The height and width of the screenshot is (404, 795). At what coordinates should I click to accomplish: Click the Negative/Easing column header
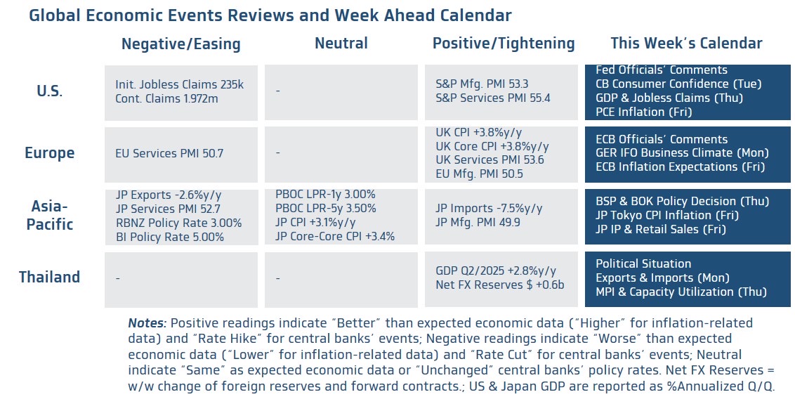pyautogui.click(x=180, y=44)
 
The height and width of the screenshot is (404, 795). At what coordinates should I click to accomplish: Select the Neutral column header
pyautogui.click(x=341, y=44)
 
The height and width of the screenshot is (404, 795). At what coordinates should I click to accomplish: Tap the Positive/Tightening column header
pyautogui.click(x=503, y=44)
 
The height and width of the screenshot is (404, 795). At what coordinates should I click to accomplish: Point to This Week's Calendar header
pyautogui.click(x=685, y=44)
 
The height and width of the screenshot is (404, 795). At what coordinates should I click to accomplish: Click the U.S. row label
pyautogui.click(x=49, y=91)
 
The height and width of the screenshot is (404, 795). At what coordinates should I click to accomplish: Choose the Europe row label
pyautogui.click(x=49, y=152)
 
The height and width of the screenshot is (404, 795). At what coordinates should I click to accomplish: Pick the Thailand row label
pyautogui.click(x=49, y=277)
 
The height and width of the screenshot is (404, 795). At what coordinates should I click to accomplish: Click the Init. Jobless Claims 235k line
pyautogui.click(x=179, y=84)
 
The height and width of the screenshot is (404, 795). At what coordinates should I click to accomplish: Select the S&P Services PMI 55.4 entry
pyautogui.click(x=493, y=98)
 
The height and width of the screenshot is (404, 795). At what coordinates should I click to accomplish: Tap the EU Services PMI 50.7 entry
pyautogui.click(x=169, y=152)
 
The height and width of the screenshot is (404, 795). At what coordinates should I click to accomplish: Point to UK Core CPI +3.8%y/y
pyautogui.click(x=492, y=146)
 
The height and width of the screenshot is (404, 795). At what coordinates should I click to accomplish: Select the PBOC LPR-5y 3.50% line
pyautogui.click(x=325, y=209)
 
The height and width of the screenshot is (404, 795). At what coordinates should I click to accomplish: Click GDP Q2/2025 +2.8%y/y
pyautogui.click(x=496, y=271)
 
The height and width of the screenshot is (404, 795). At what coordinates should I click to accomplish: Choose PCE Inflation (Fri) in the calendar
pyautogui.click(x=643, y=112)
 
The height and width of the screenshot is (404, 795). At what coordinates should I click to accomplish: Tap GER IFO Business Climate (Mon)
pyautogui.click(x=681, y=153)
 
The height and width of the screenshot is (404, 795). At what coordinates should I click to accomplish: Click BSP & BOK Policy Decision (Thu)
pyautogui.click(x=676, y=202)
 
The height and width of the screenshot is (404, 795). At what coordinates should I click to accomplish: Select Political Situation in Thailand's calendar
pyautogui.click(x=643, y=263)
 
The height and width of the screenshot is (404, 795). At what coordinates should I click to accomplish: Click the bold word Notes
pyautogui.click(x=147, y=323)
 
